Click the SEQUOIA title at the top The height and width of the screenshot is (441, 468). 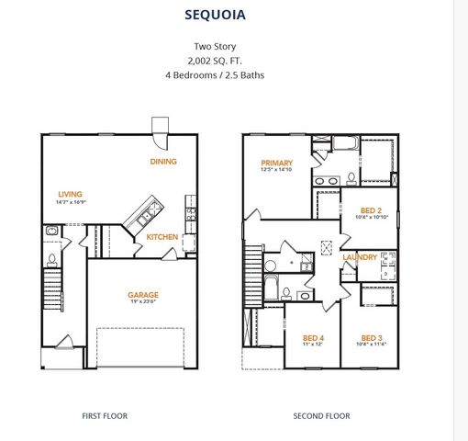[215, 16]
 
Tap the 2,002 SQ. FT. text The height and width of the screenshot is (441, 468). [215, 60]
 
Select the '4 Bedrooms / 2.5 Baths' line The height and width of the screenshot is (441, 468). [215, 74]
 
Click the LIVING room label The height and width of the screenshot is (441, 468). [70, 194]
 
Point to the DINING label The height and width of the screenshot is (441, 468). [163, 162]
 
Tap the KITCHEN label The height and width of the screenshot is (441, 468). [162, 237]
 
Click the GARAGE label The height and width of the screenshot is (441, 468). [142, 295]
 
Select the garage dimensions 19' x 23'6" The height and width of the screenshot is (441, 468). [142, 303]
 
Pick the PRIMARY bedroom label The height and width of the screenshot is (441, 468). [276, 163]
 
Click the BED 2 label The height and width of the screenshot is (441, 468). [371, 209]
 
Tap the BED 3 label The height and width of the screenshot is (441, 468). [371, 337]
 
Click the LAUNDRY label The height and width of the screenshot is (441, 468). [360, 257]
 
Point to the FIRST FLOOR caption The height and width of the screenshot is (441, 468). [105, 415]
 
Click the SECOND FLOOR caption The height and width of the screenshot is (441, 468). [321, 415]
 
